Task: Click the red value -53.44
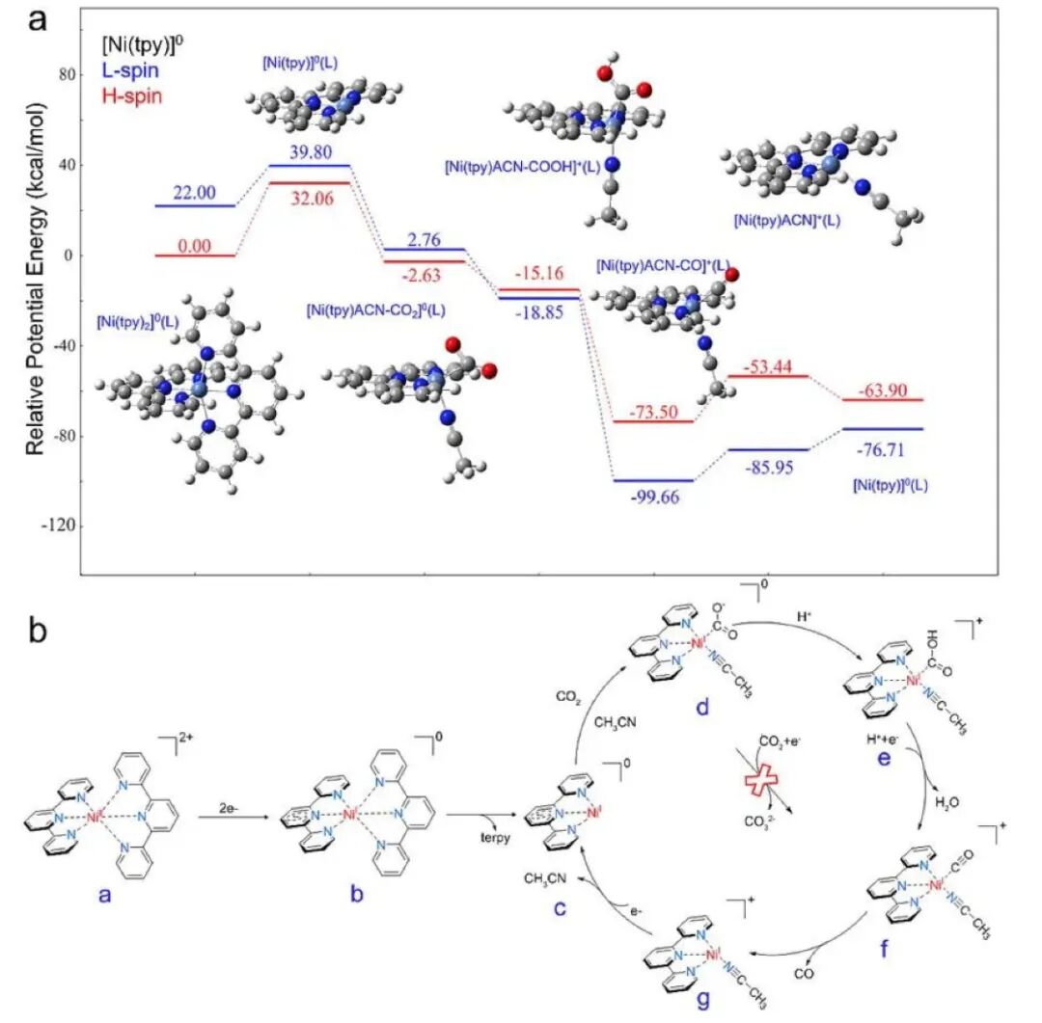click(x=769, y=364)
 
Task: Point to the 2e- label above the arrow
click(x=223, y=802)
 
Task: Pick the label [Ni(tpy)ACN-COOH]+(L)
click(x=523, y=166)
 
